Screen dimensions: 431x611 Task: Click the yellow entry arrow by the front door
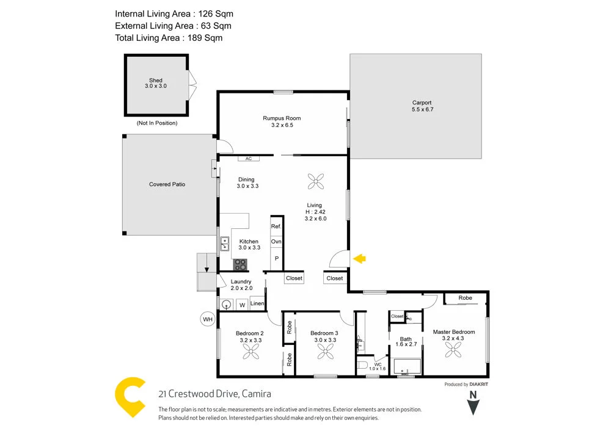click(x=360, y=259)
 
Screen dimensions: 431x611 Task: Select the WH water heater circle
click(x=208, y=318)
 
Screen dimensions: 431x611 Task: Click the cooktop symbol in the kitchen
click(x=241, y=265)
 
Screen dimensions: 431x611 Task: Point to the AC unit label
click(x=248, y=158)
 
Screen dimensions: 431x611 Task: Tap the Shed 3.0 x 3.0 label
click(x=155, y=83)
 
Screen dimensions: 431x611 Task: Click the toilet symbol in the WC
click(x=363, y=366)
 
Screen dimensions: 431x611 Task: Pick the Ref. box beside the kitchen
click(x=276, y=226)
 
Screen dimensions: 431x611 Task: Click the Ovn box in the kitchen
click(x=276, y=242)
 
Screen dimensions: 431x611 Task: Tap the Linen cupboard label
click(x=257, y=303)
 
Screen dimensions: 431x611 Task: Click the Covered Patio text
click(x=167, y=184)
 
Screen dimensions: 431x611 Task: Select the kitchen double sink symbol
click(x=224, y=244)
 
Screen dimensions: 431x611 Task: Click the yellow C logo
click(x=131, y=397)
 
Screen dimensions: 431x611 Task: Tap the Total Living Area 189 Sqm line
click(x=169, y=38)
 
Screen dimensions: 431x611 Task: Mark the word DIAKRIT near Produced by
click(x=480, y=385)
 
